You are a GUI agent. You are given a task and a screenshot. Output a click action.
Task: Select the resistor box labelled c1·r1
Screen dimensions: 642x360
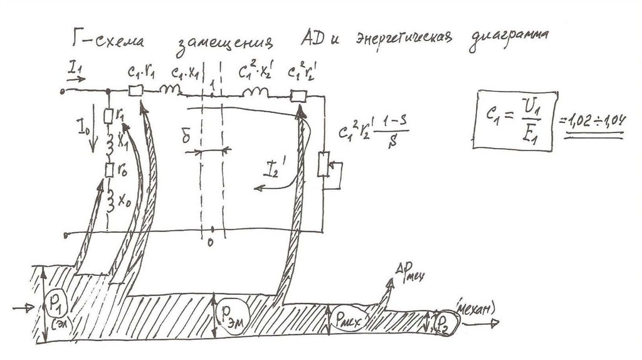[x=136, y=91]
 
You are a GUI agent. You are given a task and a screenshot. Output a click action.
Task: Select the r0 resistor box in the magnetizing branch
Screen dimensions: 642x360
[x=109, y=169]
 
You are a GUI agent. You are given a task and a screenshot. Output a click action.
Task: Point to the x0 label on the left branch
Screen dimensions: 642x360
[x=125, y=202]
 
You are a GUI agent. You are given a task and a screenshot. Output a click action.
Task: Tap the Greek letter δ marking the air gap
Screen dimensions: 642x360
[x=186, y=135]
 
